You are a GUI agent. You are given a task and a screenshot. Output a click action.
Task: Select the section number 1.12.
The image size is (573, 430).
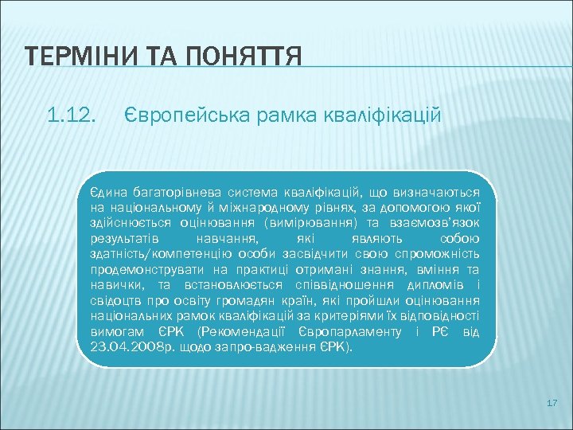(72, 117)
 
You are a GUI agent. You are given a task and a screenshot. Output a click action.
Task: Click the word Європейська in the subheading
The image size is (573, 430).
(176, 117)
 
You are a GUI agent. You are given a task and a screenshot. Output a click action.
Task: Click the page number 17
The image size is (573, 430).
(552, 404)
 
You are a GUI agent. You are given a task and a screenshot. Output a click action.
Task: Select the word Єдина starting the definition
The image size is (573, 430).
(105, 192)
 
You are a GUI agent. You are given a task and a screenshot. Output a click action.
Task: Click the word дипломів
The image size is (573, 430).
(435, 284)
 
